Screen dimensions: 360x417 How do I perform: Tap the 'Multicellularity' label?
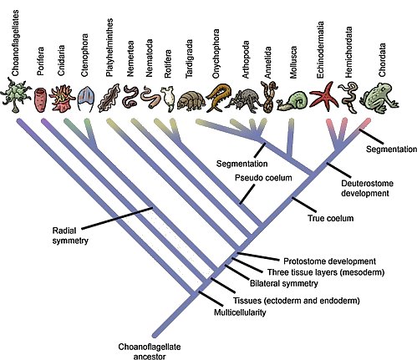coord(261,312)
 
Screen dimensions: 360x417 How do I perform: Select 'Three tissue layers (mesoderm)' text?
coord(331,271)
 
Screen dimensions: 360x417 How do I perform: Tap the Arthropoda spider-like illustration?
coord(243,99)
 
